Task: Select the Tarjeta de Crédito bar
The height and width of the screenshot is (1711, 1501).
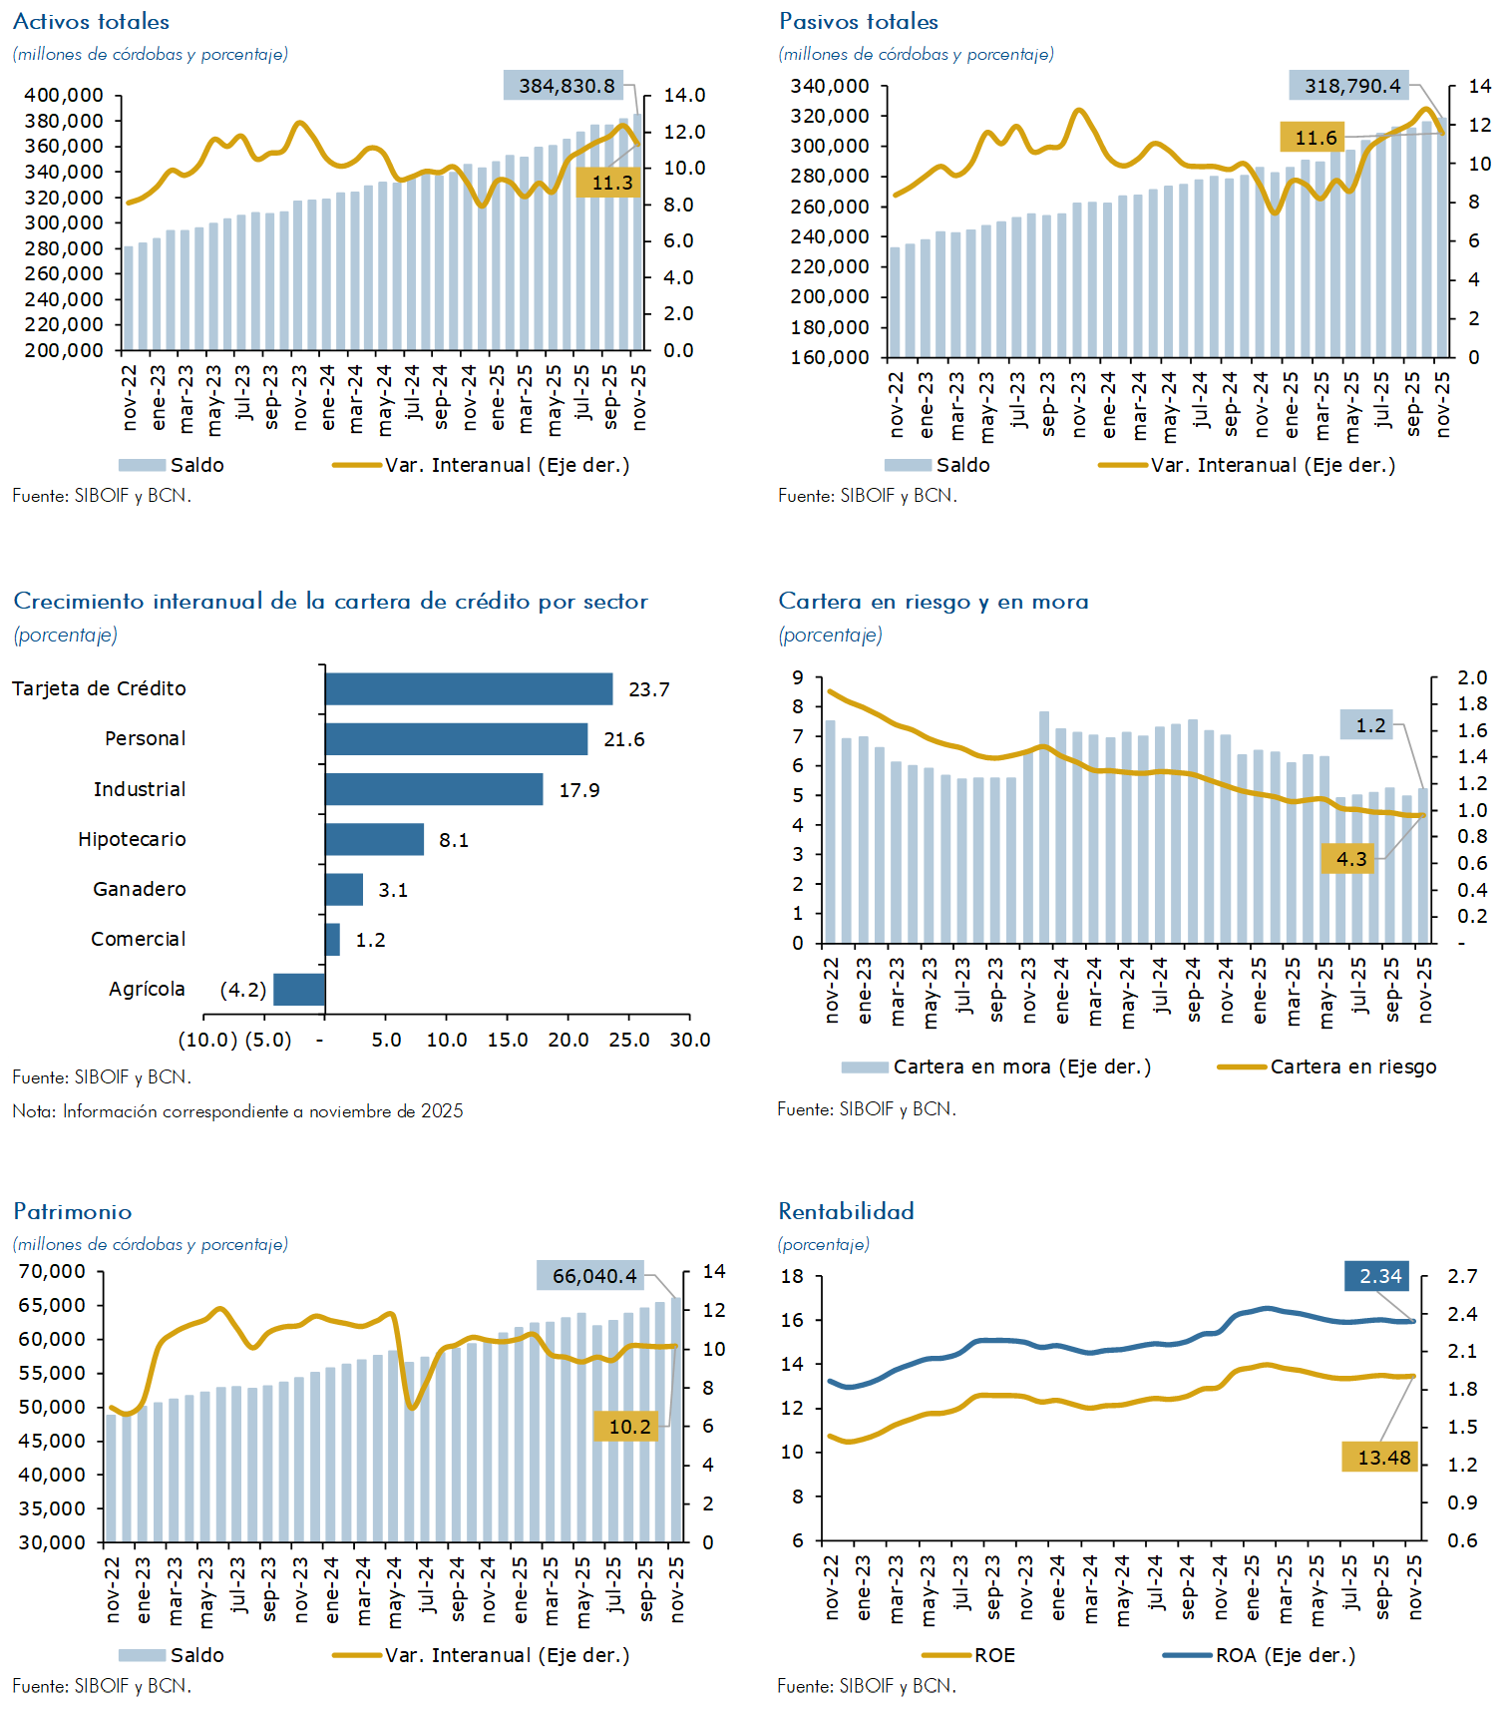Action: pyautogui.click(x=469, y=689)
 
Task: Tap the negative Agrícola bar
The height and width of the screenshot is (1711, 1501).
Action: pyautogui.click(x=299, y=990)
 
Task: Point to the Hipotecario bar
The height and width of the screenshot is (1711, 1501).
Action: pyautogui.click(x=374, y=839)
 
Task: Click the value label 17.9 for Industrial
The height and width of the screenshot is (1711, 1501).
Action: pyautogui.click(x=579, y=790)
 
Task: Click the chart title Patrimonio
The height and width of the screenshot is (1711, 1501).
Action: pyautogui.click(x=73, y=1211)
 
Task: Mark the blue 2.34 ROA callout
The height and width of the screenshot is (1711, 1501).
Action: pyautogui.click(x=1380, y=1276)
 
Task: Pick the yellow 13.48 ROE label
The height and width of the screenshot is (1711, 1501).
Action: pyautogui.click(x=1383, y=1458)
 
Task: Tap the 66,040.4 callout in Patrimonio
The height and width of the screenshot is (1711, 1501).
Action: pyautogui.click(x=593, y=1276)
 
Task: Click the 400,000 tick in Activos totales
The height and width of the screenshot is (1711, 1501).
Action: pyautogui.click(x=64, y=95)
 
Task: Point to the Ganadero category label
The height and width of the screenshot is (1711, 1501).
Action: pyautogui.click(x=140, y=889)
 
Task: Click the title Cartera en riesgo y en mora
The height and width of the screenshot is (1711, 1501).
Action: pyautogui.click(x=934, y=602)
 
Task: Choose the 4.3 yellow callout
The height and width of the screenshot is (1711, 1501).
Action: pyautogui.click(x=1350, y=859)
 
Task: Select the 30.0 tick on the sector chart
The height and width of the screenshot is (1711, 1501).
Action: pyautogui.click(x=690, y=1040)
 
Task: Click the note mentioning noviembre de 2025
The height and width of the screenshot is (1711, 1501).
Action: pyautogui.click(x=237, y=1111)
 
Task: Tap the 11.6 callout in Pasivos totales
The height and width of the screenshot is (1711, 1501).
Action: pyautogui.click(x=1314, y=138)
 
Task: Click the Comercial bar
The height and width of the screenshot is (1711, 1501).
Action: pyautogui.click(x=333, y=940)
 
